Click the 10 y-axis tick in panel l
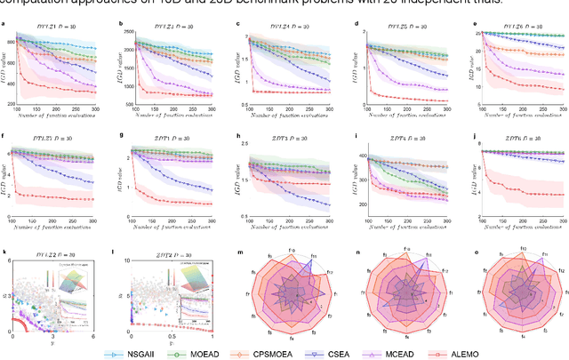tap(127, 260)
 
